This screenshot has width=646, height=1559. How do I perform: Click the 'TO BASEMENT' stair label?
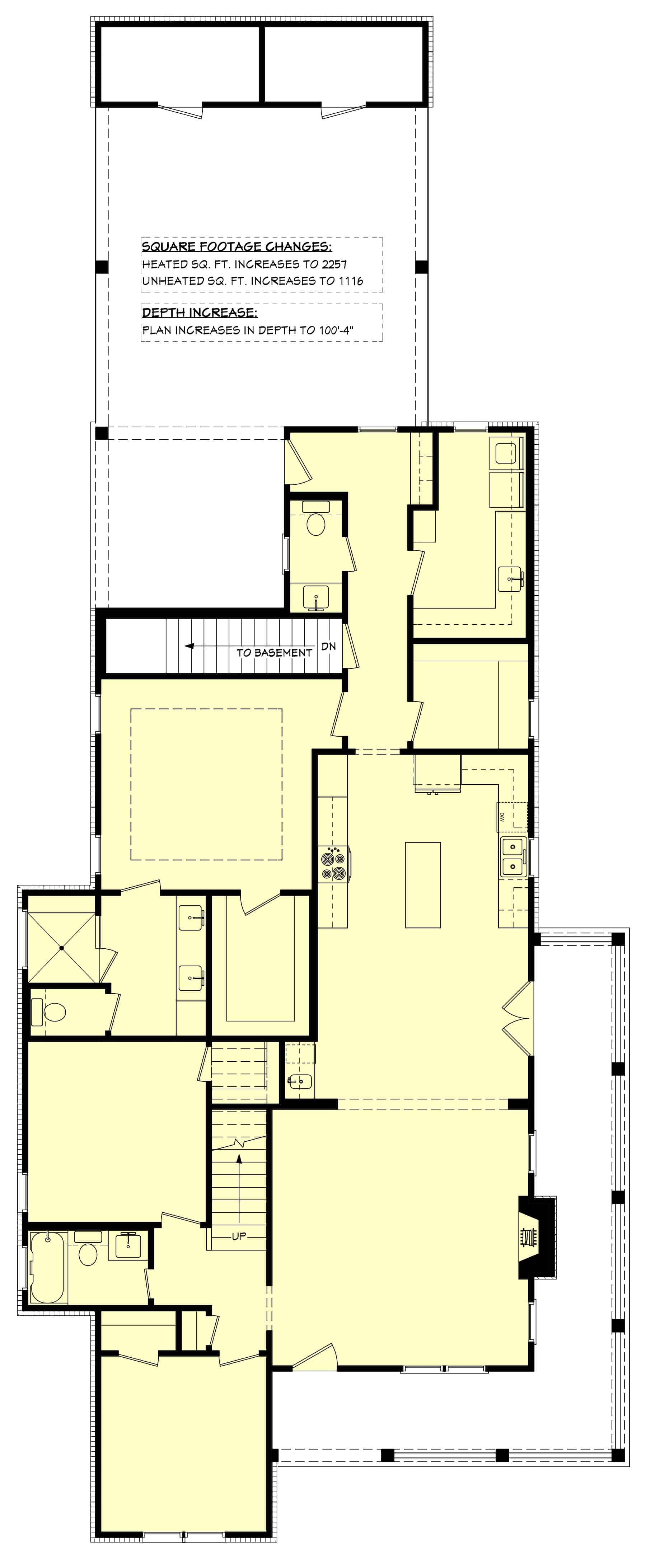pos(274,652)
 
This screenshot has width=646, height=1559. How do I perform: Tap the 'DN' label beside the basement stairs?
pos(328,646)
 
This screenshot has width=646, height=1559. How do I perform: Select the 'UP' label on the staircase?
pos(239,1236)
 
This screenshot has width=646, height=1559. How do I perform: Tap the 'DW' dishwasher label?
pos(502,818)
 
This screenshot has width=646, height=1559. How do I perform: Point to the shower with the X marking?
pos(62,947)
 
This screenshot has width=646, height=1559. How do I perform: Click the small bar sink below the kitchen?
pos(300,1080)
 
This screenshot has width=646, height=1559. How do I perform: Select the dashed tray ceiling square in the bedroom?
pos(206,784)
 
